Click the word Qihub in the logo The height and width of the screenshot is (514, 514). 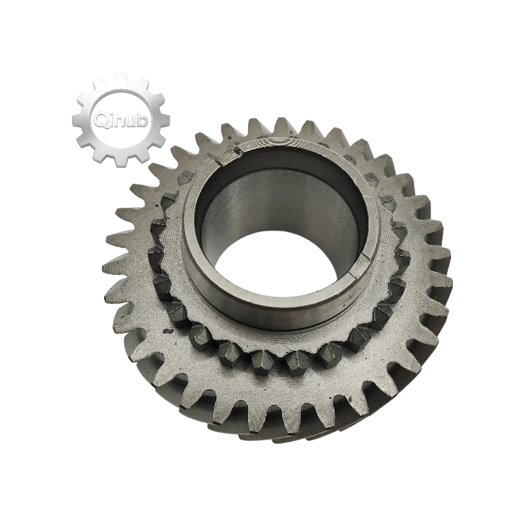121,120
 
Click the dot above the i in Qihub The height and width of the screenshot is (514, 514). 111,112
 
